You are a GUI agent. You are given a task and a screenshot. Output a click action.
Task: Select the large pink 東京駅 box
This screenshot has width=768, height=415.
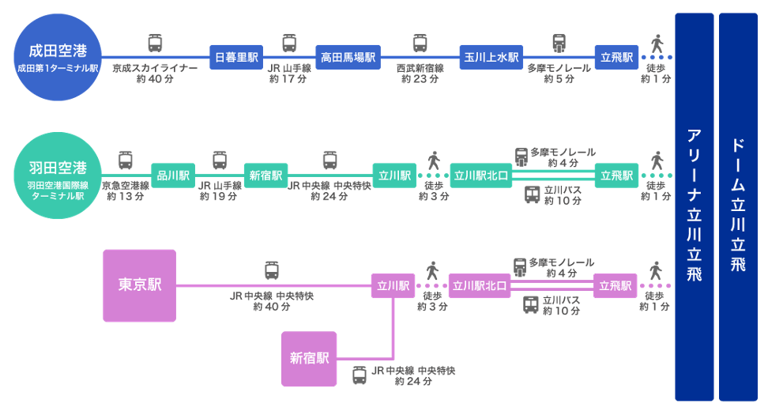[x=140, y=285]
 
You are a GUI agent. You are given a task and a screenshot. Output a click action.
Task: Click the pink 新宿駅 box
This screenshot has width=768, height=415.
[x=309, y=359]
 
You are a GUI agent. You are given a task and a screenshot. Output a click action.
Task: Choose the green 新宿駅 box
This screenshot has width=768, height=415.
[x=266, y=175]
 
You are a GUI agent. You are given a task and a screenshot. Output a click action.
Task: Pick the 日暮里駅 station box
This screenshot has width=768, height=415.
[x=236, y=57]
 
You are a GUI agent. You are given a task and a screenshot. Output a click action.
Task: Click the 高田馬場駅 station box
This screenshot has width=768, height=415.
[x=348, y=57]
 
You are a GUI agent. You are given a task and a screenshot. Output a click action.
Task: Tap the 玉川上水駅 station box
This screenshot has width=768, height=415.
[x=491, y=57]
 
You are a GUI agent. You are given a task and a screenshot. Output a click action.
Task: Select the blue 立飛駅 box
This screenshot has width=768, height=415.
[x=616, y=57]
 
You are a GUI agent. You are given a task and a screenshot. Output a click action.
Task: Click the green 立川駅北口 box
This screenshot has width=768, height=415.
[x=480, y=175]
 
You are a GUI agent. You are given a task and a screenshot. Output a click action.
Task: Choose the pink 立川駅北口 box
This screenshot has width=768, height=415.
[x=479, y=285]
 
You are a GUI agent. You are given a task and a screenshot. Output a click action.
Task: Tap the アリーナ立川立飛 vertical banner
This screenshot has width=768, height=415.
[x=694, y=206]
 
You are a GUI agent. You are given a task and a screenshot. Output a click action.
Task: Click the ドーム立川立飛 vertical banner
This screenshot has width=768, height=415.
[x=738, y=206]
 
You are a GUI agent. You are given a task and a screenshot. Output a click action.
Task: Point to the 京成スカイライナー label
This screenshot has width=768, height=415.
[x=155, y=69]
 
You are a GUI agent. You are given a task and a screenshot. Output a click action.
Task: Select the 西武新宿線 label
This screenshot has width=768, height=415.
[x=420, y=69]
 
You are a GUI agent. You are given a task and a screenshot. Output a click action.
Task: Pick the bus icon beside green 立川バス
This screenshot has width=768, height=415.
[x=532, y=194]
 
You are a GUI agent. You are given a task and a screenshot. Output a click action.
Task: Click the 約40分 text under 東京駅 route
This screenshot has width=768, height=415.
[x=271, y=307]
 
